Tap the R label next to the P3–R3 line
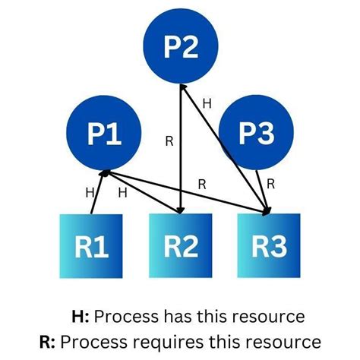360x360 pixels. tap(272, 183)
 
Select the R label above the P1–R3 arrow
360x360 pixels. tap(202, 183)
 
